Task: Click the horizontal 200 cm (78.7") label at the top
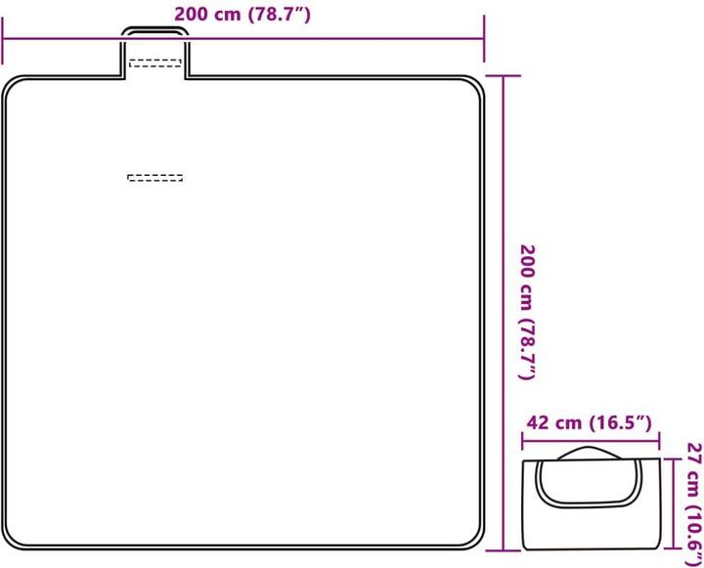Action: coord(242,15)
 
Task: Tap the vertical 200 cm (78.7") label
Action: coord(528,312)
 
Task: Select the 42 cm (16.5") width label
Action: coord(589,422)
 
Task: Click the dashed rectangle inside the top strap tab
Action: coord(155,64)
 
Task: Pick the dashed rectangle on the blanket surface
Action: coord(155,178)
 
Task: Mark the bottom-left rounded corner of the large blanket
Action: coord(13,539)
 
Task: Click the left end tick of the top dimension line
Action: coord(3,40)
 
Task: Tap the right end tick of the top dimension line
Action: coord(484,38)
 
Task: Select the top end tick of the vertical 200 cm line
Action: coord(504,76)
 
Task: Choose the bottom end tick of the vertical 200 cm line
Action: coord(504,550)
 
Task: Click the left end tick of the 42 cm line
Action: coord(522,441)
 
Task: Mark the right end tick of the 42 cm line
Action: coord(659,441)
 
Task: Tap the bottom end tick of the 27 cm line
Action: coord(673,548)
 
